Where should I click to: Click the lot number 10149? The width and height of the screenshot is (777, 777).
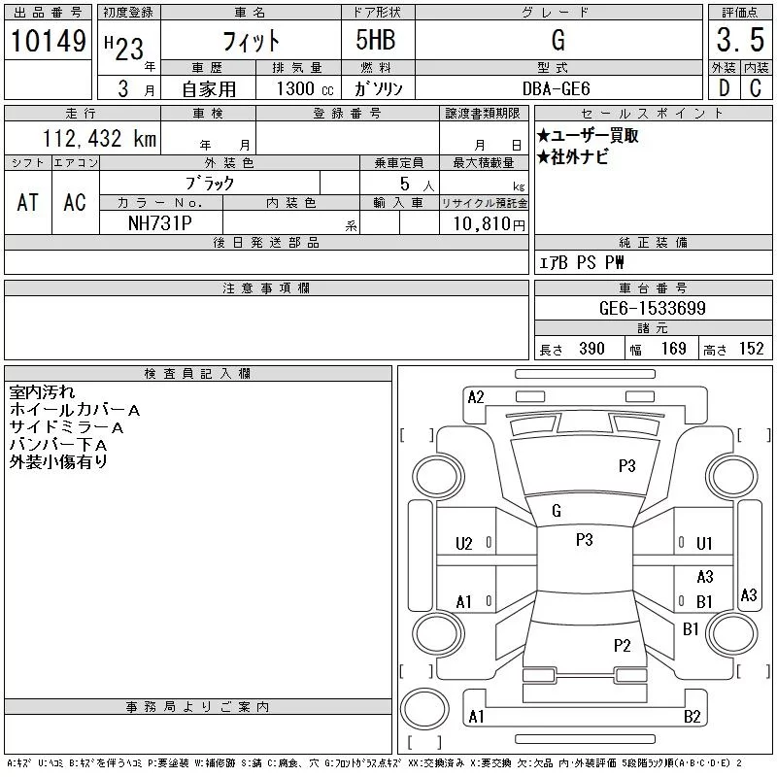point(48,41)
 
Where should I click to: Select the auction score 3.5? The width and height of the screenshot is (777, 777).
point(740,40)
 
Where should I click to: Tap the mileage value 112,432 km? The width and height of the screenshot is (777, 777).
point(99,138)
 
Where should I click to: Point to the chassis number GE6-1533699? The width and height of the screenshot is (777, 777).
point(652,308)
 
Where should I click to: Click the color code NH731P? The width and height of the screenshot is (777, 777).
point(159,223)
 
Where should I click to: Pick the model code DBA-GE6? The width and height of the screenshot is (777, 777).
point(557,88)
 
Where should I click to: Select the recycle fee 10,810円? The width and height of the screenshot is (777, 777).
point(489,224)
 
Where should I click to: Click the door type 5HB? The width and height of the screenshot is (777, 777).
point(376,40)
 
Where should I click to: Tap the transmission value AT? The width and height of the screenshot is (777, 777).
point(27,202)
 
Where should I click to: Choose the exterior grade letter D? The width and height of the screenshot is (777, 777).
point(724,88)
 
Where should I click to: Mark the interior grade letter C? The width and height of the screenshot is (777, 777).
point(756,88)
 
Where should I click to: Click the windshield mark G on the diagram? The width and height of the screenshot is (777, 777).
point(556,511)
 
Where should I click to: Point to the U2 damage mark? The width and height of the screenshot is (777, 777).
point(464,544)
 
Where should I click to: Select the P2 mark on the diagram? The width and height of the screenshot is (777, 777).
point(622,645)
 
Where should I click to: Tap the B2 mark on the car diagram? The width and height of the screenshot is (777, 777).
point(692,717)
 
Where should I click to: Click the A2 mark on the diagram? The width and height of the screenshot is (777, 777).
point(476,397)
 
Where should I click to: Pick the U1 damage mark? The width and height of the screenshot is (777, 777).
point(704,544)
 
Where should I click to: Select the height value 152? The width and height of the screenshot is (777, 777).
point(751,349)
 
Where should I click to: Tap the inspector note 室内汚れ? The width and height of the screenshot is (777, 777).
point(42,392)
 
